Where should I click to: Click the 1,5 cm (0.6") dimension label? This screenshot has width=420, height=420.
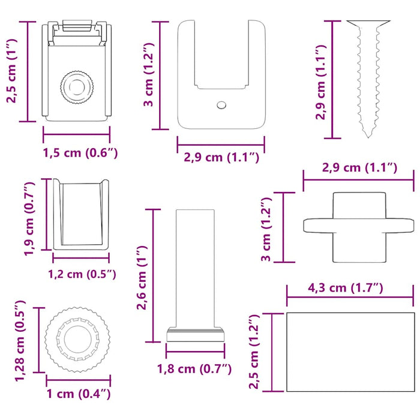tap(80, 153)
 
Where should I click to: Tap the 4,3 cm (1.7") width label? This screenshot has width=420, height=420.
tap(346, 287)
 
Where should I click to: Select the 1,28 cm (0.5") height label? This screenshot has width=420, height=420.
tap(20, 341)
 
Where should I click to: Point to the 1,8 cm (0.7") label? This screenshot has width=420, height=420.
tap(194, 369)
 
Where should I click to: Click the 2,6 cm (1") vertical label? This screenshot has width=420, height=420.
tap(142, 277)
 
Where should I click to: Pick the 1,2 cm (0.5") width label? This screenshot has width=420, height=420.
tap(82, 274)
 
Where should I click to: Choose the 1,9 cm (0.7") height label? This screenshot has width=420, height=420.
tap(29, 218)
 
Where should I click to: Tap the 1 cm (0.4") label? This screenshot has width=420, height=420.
tap(79, 394)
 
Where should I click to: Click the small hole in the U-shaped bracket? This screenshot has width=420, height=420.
tap(221, 105)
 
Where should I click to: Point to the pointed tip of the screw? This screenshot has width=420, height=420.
tap(368, 137)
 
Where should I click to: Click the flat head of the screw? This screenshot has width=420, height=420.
tap(368, 23)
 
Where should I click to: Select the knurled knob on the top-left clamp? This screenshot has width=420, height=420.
tap(77, 88)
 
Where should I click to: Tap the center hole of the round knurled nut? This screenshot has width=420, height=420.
tap(77, 340)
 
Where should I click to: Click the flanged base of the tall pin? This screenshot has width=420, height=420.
tap(195, 335)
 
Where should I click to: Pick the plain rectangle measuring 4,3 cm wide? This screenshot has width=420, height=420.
tap(350, 352)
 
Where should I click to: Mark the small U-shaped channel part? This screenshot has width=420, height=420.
tap(81, 215)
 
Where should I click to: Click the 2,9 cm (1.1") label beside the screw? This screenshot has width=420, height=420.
tap(320, 82)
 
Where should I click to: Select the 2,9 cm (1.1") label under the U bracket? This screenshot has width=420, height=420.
tap(221, 157)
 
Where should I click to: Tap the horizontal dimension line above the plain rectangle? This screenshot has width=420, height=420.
tap(350, 297)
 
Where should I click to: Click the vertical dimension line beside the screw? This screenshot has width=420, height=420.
tap(332, 80)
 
